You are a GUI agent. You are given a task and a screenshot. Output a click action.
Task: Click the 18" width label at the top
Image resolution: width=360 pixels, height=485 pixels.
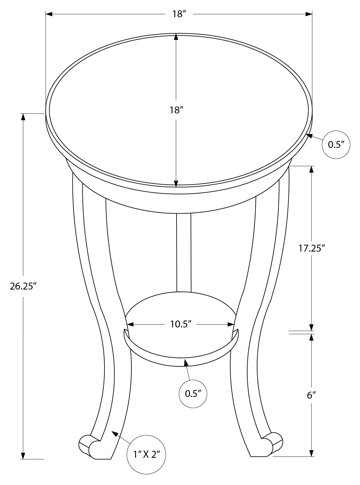[179, 14]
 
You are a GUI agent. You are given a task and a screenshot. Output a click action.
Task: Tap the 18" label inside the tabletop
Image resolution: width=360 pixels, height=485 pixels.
[176, 110]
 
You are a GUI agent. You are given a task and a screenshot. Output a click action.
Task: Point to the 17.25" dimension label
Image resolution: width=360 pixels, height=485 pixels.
[311, 248]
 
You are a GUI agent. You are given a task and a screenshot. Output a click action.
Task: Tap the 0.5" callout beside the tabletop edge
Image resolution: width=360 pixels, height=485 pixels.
[336, 144]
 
